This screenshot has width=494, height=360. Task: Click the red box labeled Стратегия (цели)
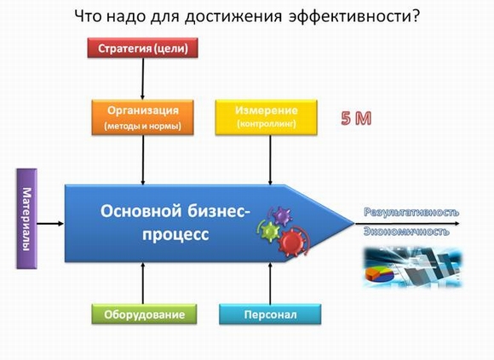click(143, 48)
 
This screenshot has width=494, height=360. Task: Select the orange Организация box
click(143, 117)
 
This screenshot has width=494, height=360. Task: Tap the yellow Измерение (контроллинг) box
click(267, 117)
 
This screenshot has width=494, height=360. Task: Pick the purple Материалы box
click(26, 219)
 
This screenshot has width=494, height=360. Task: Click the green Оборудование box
click(144, 314)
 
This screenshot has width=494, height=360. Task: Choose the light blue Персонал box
click(270, 314)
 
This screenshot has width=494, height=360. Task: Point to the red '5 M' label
click(356, 118)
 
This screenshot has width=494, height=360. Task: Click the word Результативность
click(411, 212)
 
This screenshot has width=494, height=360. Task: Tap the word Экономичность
click(406, 231)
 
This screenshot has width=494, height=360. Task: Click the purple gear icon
click(282, 216)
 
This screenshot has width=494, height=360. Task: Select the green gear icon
click(270, 231)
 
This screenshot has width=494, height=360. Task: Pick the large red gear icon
click(292, 243)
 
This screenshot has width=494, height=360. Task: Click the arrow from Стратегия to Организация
click(143, 79)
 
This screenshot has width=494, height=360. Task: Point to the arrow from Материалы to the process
click(50, 224)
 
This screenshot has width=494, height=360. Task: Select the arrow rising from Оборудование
click(143, 283)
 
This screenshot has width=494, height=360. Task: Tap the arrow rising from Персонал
click(270, 283)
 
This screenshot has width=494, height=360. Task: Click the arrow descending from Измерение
click(270, 160)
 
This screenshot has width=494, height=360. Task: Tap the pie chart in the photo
click(380, 274)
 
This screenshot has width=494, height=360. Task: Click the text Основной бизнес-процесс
click(175, 223)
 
